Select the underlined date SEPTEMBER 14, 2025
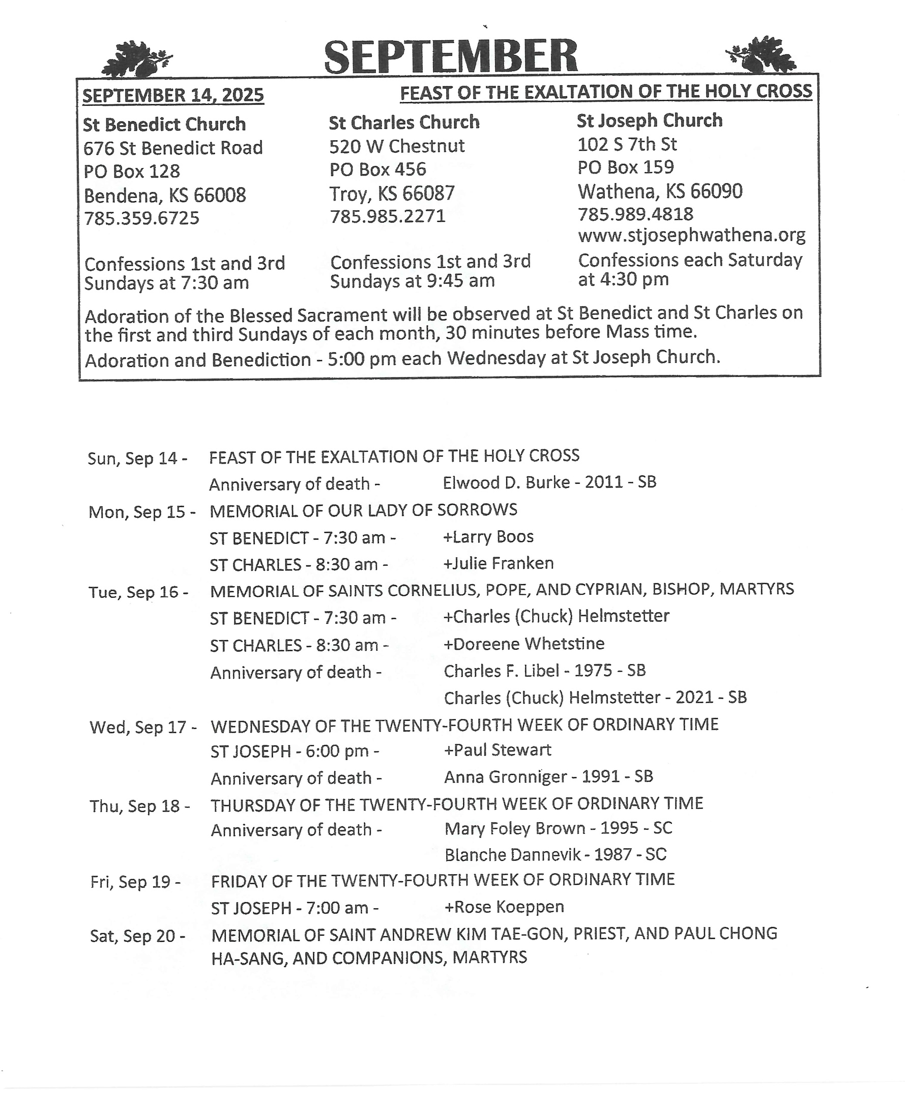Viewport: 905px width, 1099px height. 173,96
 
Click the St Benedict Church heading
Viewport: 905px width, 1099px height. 164,125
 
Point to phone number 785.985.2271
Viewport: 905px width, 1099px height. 388,216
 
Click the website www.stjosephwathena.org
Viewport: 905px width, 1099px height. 691,235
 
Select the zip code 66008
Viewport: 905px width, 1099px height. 219,195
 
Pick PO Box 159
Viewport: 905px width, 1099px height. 626,167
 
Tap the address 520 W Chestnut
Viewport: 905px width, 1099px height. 397,146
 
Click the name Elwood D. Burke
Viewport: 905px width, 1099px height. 506,483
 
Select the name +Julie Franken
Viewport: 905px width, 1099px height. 499,564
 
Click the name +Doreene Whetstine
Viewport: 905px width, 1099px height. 524,644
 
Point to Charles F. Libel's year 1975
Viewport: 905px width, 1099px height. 593,671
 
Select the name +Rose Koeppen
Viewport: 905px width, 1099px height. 504,907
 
